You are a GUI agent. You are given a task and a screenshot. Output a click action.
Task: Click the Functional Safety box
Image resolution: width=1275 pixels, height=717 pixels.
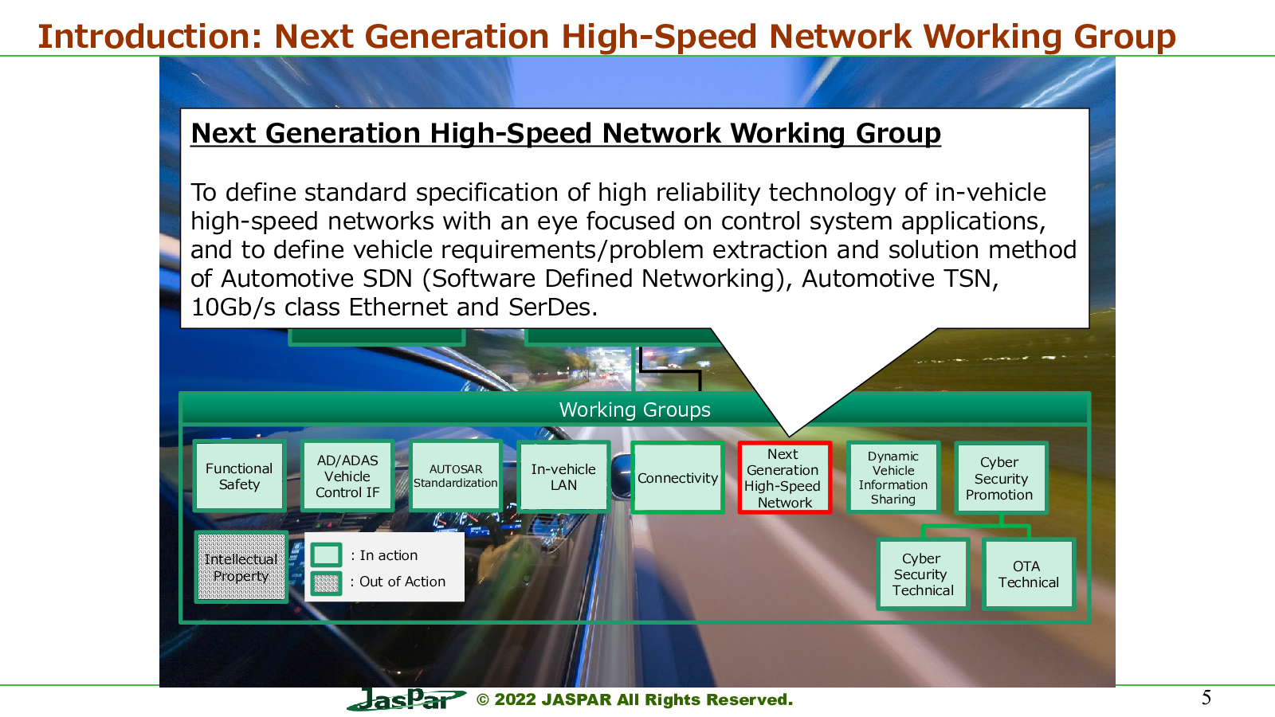pos(239,477)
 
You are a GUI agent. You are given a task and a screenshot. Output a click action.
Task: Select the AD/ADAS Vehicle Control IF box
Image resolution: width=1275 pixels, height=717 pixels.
pos(347,477)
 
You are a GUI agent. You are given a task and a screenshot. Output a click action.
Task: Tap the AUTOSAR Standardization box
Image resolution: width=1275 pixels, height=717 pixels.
pos(455,477)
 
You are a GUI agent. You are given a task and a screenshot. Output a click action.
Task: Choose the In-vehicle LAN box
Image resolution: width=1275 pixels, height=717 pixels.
pos(563,477)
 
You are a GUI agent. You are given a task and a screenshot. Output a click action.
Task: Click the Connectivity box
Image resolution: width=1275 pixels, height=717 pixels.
pos(677,478)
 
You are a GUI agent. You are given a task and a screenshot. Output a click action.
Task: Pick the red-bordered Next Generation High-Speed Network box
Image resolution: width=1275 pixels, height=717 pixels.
pos(785,478)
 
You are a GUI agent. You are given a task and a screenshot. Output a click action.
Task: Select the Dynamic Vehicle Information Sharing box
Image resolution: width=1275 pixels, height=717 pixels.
pos(893,478)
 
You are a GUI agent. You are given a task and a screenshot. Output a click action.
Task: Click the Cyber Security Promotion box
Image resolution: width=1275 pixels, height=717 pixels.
pos(1001,478)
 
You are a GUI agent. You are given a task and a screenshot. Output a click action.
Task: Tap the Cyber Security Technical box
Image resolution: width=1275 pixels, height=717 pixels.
pos(923,574)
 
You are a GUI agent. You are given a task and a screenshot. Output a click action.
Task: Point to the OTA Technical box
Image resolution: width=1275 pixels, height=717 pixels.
pos(1029,574)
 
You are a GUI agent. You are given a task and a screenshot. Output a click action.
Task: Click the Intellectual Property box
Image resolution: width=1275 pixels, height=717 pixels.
pos(241,567)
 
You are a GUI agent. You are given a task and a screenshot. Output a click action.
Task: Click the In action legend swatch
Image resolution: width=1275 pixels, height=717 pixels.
pos(326,554)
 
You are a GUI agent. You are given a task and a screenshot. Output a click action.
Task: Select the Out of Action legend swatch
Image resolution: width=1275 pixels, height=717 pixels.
pos(326,582)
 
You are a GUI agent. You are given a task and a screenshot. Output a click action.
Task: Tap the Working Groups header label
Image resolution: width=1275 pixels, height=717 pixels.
pos(634,409)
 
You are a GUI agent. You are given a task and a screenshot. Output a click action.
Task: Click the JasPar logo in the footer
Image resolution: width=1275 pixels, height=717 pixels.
pos(406,699)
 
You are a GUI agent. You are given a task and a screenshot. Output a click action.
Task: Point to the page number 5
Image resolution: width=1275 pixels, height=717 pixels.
pos(1206,698)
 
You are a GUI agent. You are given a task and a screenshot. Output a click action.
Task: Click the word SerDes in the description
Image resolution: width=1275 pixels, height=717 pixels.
pos(553,308)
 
